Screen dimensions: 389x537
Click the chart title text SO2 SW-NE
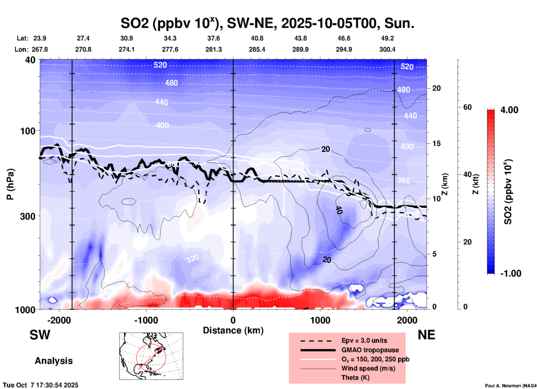pyautogui.click(x=267, y=23)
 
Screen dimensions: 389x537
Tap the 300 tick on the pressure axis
pyautogui.click(x=28, y=216)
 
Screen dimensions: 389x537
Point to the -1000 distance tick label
pyautogui.click(x=146, y=320)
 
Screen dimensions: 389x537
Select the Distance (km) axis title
pyautogui.click(x=233, y=330)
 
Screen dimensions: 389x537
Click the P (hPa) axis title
pyautogui.click(x=10, y=184)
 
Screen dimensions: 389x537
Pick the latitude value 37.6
pyautogui.click(x=214, y=38)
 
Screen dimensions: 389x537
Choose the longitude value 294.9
pyautogui.click(x=344, y=49)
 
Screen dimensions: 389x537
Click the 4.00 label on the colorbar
pyautogui.click(x=509, y=110)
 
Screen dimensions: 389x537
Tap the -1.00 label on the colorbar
pyautogui.click(x=511, y=273)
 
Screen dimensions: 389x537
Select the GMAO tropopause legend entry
pyautogui.click(x=370, y=350)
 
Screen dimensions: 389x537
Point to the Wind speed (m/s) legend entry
pyautogui.click(x=368, y=368)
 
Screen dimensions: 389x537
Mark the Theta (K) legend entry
pyautogui.click(x=355, y=378)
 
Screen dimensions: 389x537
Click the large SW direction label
pyautogui.click(x=40, y=335)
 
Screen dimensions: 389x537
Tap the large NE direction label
pyautogui.click(x=426, y=335)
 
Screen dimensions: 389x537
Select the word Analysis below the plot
pyautogui.click(x=54, y=361)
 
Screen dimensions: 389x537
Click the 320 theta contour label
pyautogui.click(x=193, y=259)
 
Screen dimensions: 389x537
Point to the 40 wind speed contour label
pyautogui.click(x=338, y=210)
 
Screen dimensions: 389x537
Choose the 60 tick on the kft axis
pyautogui.click(x=467, y=107)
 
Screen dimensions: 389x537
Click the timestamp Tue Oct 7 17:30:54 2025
pyautogui.click(x=41, y=385)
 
